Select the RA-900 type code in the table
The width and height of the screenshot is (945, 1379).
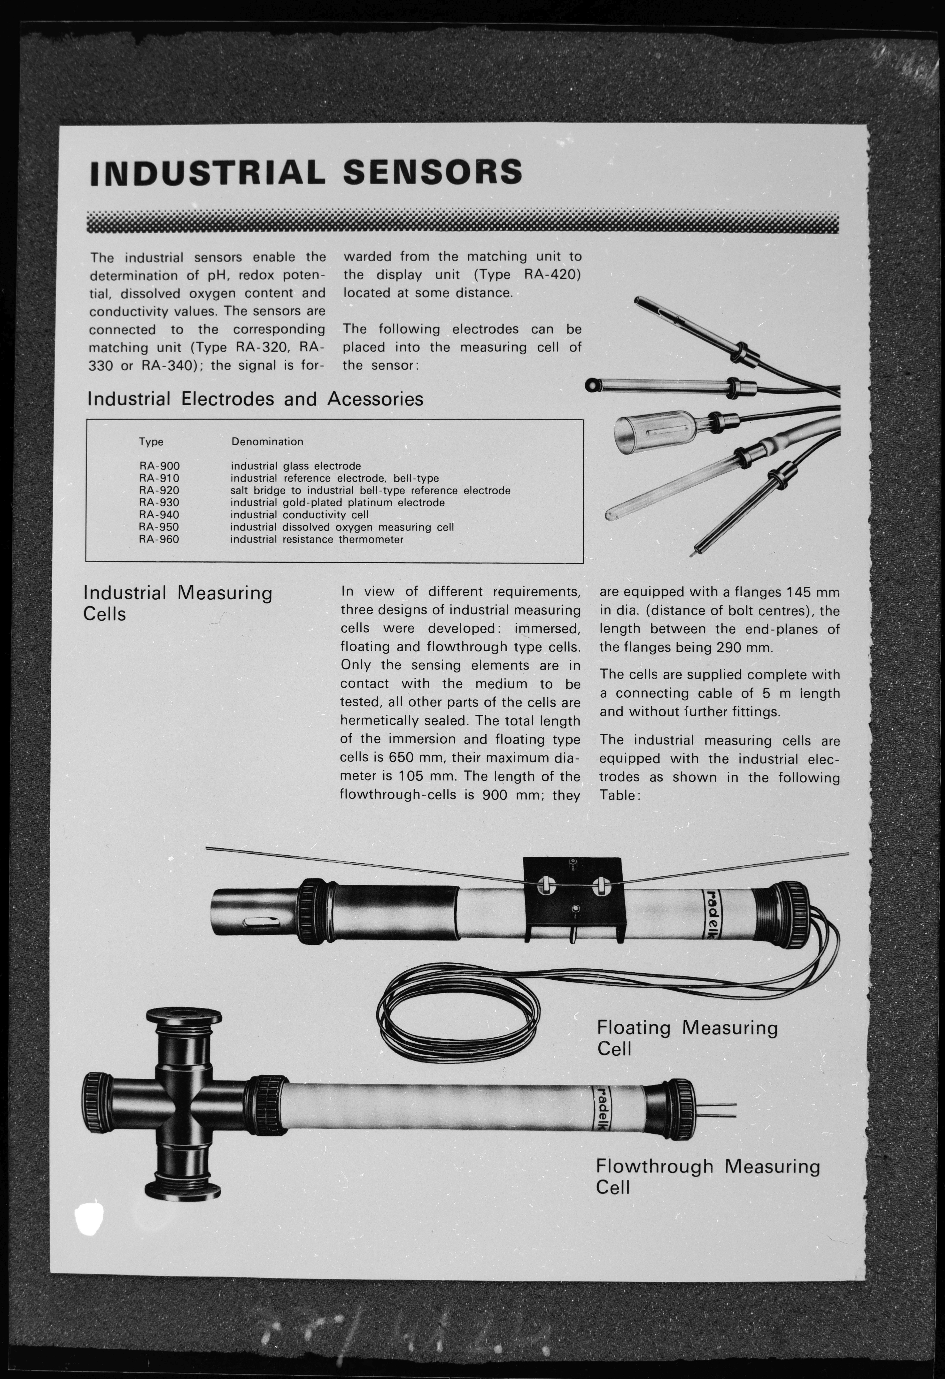(x=159, y=466)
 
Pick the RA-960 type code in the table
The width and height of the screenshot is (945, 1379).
(x=159, y=539)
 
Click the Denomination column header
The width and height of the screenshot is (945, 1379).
(x=267, y=442)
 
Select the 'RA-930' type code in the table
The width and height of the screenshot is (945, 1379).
(x=159, y=503)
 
